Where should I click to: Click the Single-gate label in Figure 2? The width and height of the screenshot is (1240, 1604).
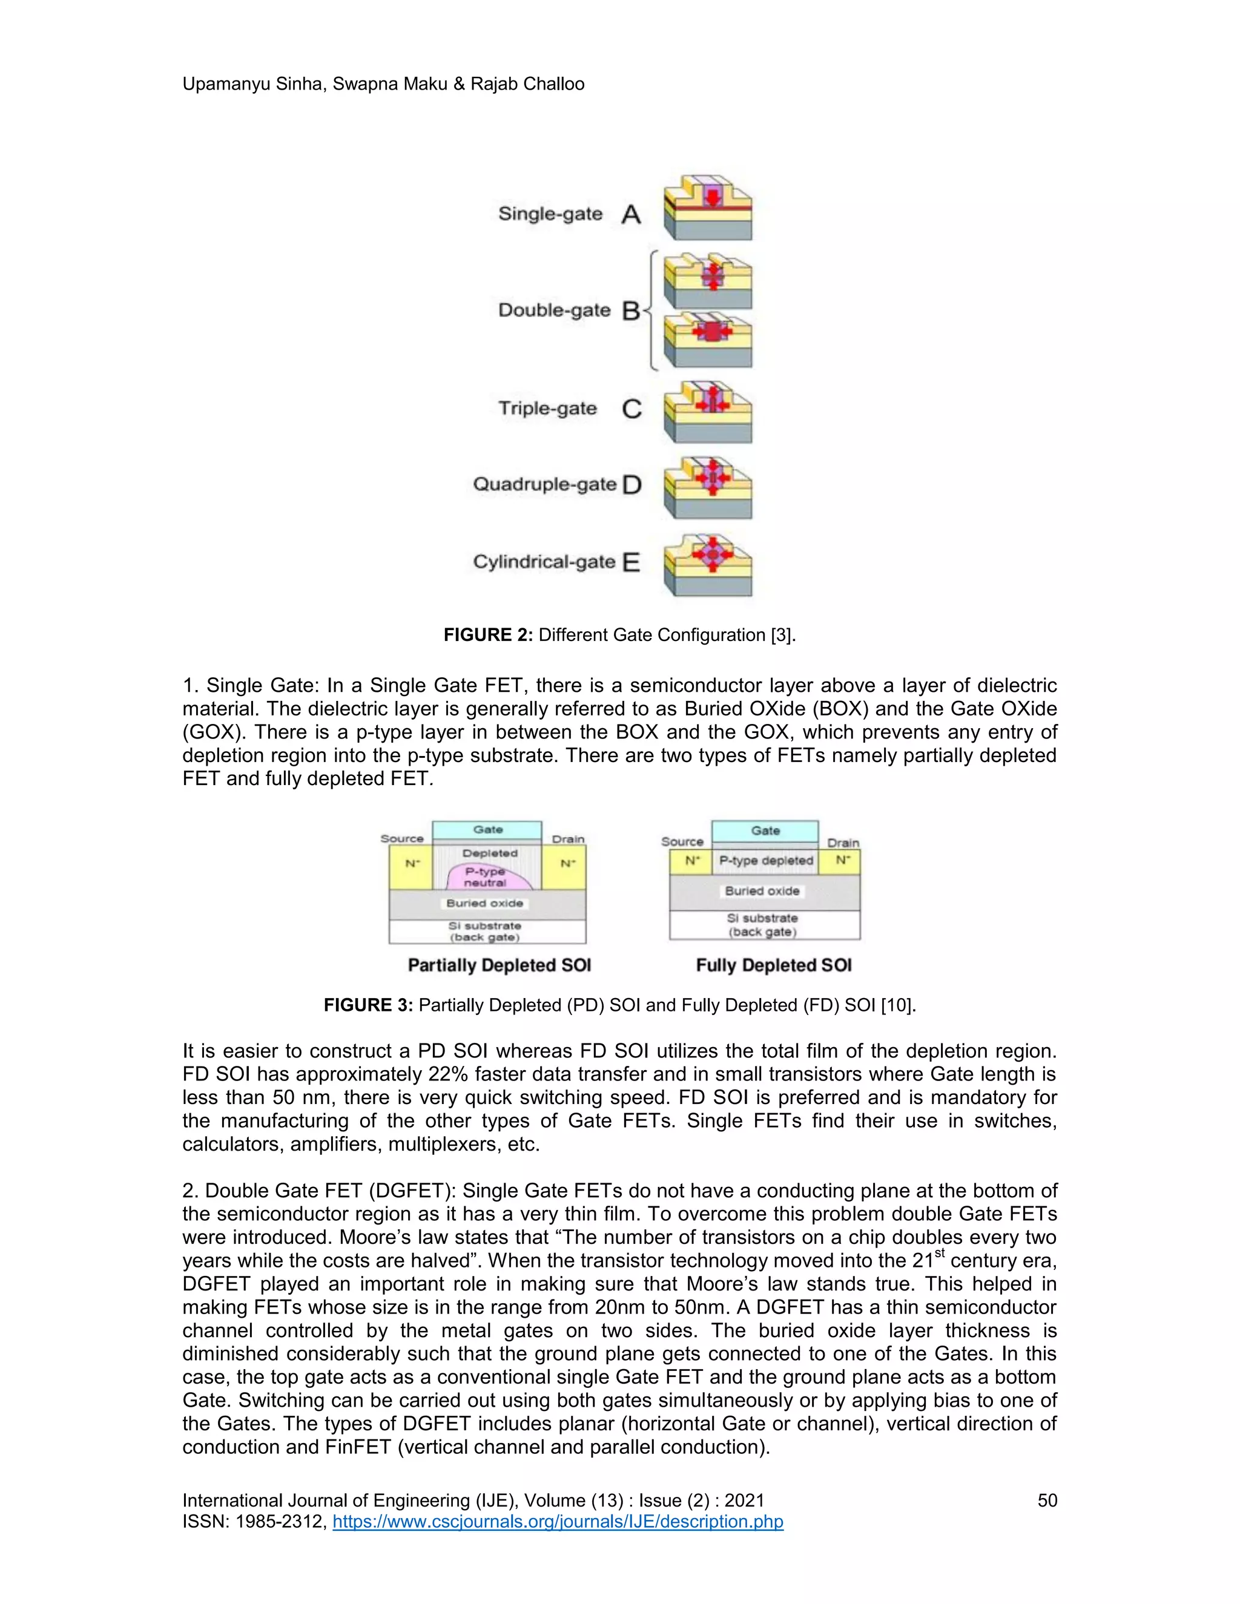point(550,214)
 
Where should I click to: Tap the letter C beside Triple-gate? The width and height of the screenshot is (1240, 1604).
point(631,409)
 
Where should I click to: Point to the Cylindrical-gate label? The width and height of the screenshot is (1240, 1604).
point(544,562)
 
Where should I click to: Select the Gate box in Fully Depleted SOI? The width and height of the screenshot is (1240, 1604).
point(765,830)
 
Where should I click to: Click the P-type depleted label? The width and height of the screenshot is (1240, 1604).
point(765,861)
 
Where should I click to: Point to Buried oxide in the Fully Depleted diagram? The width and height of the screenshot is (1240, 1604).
point(762,891)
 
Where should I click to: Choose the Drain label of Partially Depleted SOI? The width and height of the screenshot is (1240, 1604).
point(568,839)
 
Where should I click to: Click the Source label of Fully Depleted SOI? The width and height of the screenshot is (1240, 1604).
point(682,842)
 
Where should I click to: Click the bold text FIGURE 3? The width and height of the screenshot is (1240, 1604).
point(368,1005)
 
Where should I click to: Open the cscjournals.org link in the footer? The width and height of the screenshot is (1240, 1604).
point(558,1521)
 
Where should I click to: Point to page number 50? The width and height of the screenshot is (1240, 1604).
point(1047,1500)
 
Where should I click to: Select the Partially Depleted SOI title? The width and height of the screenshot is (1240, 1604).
point(500,965)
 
